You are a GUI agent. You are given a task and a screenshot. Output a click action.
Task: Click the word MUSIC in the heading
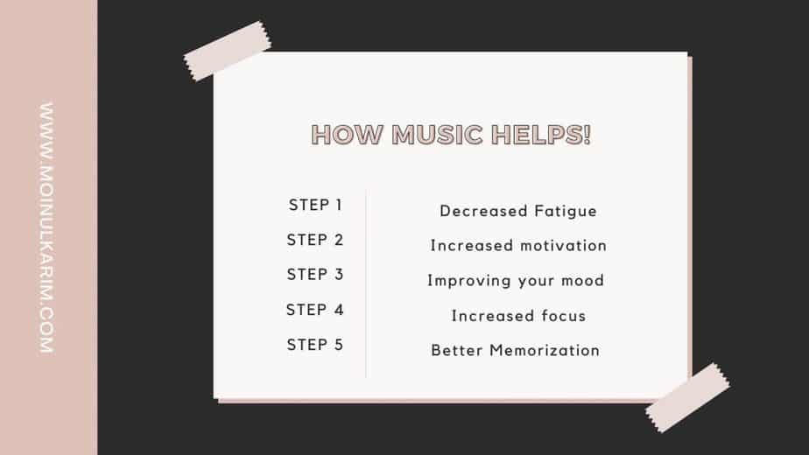(x=438, y=135)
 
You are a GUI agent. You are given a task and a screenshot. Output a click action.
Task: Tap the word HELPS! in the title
(x=541, y=135)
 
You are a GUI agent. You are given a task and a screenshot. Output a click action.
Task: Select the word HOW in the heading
(x=348, y=135)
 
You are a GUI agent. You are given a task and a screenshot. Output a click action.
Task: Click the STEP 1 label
(x=315, y=205)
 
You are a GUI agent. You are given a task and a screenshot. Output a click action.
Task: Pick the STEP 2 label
(x=315, y=240)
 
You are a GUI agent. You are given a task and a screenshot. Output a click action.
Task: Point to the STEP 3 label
(x=315, y=275)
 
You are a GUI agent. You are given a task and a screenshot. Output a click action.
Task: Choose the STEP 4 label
(x=315, y=310)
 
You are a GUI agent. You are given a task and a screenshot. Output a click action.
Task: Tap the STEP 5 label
(x=315, y=345)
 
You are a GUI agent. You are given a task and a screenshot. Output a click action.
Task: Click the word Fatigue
(x=566, y=212)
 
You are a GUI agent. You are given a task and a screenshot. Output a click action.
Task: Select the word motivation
(x=562, y=246)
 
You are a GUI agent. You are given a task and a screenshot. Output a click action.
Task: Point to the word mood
(x=582, y=280)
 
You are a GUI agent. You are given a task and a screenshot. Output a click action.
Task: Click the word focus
(x=564, y=315)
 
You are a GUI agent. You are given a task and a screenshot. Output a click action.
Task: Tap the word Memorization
(x=545, y=350)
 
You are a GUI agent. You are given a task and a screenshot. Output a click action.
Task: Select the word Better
(x=457, y=350)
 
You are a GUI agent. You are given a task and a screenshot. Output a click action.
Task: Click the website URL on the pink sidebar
(x=46, y=227)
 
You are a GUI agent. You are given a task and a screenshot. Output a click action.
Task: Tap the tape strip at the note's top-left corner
(x=227, y=51)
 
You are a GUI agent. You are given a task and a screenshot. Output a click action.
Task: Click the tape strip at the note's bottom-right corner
(x=687, y=397)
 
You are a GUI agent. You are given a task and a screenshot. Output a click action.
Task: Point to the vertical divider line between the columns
(x=366, y=283)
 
